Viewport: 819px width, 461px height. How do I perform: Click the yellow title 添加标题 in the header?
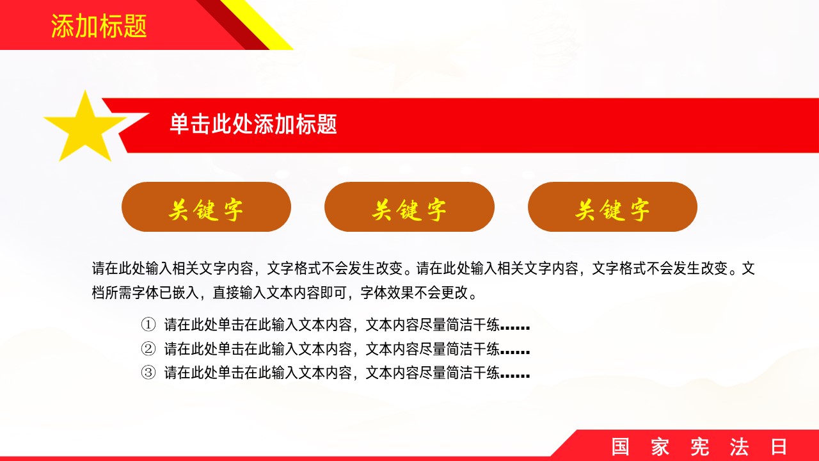(99, 26)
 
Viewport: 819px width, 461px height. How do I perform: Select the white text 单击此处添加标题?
(253, 124)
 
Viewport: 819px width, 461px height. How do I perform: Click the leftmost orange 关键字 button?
(206, 207)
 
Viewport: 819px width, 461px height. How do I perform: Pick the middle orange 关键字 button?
(409, 207)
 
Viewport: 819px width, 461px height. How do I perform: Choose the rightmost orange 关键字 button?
(612, 207)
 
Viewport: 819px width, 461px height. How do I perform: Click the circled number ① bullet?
(148, 325)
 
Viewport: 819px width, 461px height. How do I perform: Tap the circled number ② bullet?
(148, 349)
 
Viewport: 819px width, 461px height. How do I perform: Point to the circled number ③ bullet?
(148, 373)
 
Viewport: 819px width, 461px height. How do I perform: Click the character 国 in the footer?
(621, 446)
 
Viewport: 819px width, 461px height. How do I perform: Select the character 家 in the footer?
(660, 446)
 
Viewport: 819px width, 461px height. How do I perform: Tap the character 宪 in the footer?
(699, 446)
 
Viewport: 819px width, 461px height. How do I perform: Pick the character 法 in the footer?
(739, 446)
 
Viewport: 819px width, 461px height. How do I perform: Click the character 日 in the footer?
(779, 446)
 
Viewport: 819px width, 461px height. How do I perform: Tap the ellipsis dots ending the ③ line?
(515, 376)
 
